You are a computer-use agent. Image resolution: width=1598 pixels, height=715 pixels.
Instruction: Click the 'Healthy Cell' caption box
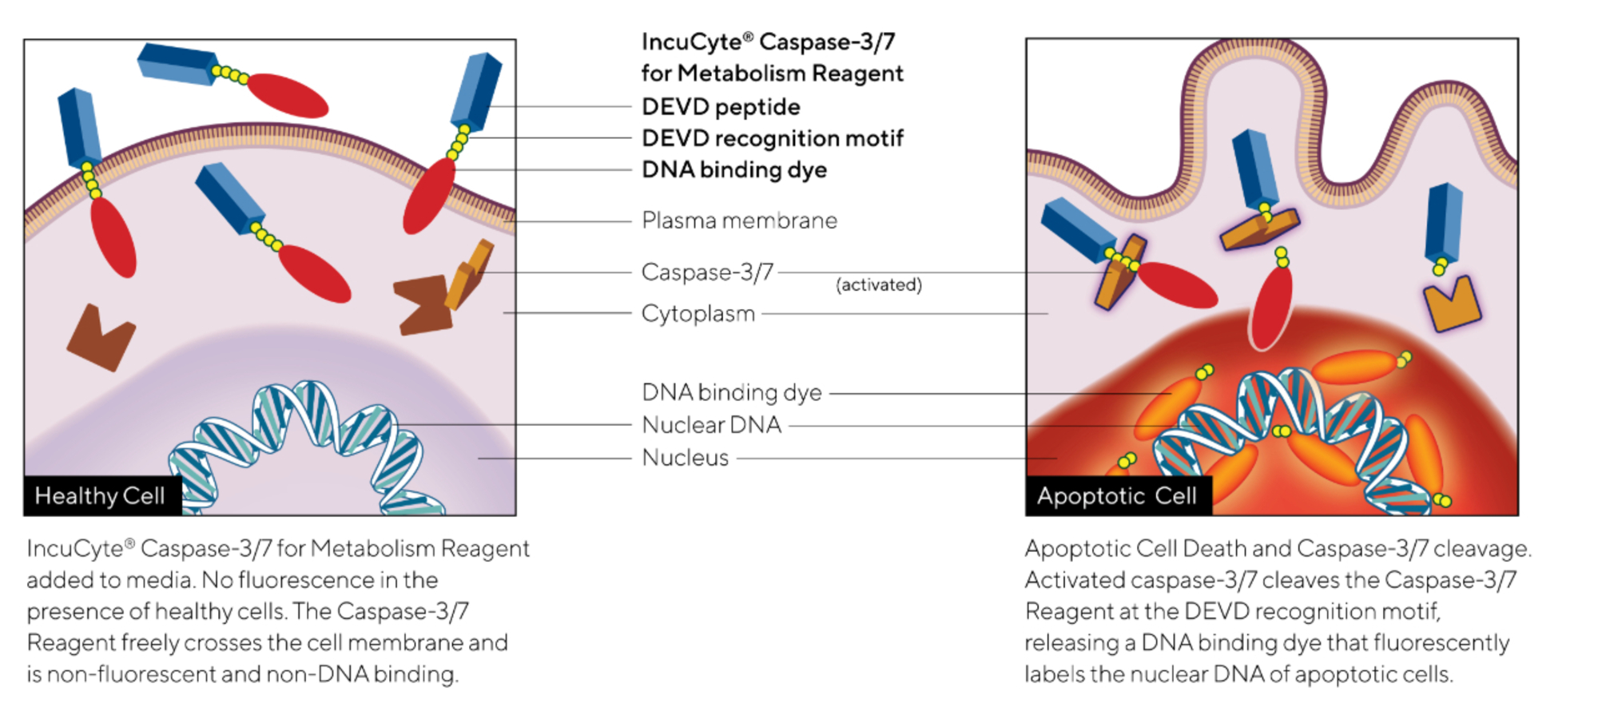[x=101, y=496]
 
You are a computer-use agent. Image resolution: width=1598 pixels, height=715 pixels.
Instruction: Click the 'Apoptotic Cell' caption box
[x=1117, y=496]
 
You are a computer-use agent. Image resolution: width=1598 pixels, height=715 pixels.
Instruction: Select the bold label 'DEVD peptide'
[x=721, y=106]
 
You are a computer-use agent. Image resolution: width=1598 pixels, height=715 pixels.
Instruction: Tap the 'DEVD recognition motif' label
[x=772, y=138]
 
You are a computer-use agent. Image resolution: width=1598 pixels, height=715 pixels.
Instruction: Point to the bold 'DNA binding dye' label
[x=734, y=169]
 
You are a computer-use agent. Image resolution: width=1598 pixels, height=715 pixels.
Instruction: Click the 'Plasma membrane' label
[x=739, y=220]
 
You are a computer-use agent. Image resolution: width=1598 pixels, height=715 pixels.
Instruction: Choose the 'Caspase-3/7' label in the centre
[x=707, y=272]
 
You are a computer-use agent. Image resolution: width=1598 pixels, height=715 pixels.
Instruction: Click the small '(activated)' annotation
[x=878, y=285]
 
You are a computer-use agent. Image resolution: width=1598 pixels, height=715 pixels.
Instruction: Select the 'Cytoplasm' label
[x=698, y=313]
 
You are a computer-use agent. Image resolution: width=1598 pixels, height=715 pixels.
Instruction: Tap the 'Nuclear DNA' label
[x=711, y=425]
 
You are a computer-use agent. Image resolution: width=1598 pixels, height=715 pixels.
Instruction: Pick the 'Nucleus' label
[x=685, y=458]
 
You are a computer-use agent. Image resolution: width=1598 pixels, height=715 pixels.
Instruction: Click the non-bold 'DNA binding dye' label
[x=731, y=392]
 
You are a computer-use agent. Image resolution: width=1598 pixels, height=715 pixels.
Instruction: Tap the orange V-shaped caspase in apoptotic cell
[x=1452, y=304]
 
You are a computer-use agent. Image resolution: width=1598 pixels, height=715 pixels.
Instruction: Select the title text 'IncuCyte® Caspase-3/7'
[x=768, y=42]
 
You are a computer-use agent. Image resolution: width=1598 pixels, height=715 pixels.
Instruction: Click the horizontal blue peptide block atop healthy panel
[x=177, y=64]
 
